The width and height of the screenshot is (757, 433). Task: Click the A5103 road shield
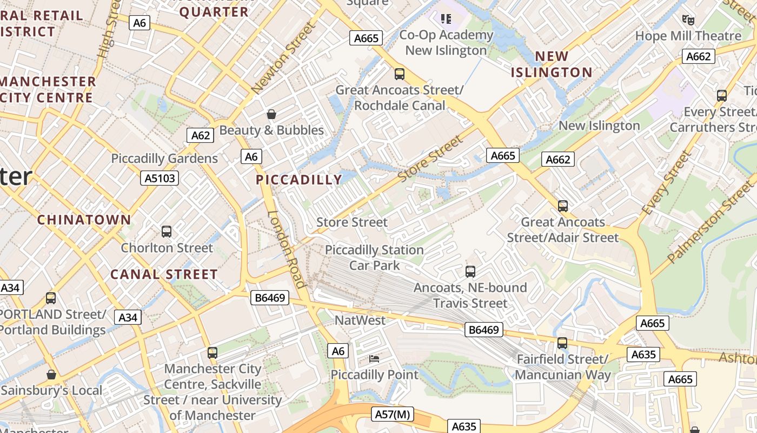point(160,178)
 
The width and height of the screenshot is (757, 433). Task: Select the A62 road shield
point(200,135)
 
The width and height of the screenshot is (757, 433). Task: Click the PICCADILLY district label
point(299,180)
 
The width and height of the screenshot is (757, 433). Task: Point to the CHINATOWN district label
point(84,220)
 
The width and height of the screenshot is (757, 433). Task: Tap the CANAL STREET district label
point(164,274)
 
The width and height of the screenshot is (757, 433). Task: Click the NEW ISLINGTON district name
point(552,64)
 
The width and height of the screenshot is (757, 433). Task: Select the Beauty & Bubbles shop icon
point(271,114)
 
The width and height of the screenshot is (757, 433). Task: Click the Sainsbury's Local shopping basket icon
point(51,375)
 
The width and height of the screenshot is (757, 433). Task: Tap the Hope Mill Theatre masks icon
point(688,20)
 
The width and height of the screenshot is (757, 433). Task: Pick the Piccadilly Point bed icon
point(374,358)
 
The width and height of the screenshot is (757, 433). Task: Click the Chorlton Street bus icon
point(167,232)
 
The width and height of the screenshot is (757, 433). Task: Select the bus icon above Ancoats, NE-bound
point(470,272)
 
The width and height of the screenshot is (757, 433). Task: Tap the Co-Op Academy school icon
point(446,19)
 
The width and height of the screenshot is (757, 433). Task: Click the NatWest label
point(360,320)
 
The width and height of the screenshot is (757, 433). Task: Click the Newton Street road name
point(283,57)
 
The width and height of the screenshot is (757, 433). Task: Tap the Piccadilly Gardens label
point(164,159)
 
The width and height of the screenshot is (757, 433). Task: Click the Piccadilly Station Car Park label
point(374,258)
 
